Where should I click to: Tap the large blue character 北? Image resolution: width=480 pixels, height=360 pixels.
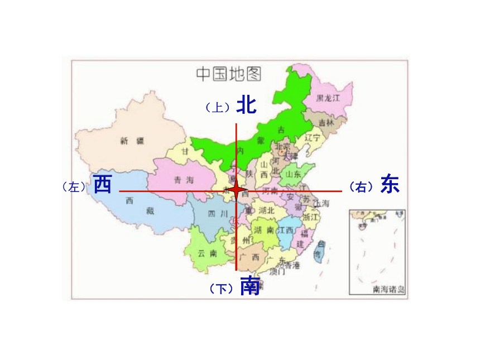coord(246,104)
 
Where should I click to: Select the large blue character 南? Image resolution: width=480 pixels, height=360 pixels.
coord(249,286)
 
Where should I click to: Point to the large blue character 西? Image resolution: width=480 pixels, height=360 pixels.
coord(103,184)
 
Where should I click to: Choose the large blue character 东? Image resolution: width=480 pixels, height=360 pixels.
coord(390,184)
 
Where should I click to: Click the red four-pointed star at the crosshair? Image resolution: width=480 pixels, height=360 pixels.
coord(237,191)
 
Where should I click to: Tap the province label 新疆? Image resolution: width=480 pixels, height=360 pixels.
coord(132,141)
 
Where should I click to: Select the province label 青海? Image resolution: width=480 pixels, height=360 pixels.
coord(183,180)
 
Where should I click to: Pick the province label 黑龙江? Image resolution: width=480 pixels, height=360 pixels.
coord(327,98)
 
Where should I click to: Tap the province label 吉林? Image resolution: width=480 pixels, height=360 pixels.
coord(326,122)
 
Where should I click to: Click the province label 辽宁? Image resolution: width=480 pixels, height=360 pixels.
coord(313,137)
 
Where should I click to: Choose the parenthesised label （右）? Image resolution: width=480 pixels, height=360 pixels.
coord(361,187)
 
